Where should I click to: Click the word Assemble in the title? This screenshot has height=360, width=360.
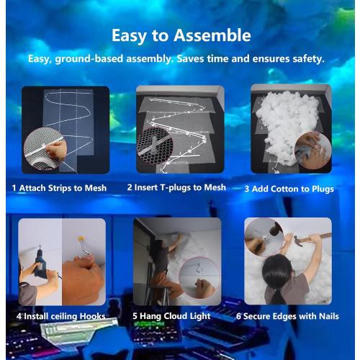tap(212, 35)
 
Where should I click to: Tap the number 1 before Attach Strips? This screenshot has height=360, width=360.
tap(14, 188)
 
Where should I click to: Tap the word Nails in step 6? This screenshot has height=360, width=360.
tap(329, 316)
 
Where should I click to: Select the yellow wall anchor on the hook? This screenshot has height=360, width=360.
tap(81, 238)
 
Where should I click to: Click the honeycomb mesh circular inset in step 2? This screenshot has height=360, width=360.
tap(154, 145)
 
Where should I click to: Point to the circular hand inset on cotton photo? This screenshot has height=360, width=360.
tap(313, 150)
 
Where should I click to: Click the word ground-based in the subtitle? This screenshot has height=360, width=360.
tap(89, 59)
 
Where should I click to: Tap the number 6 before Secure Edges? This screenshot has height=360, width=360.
tap(238, 316)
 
